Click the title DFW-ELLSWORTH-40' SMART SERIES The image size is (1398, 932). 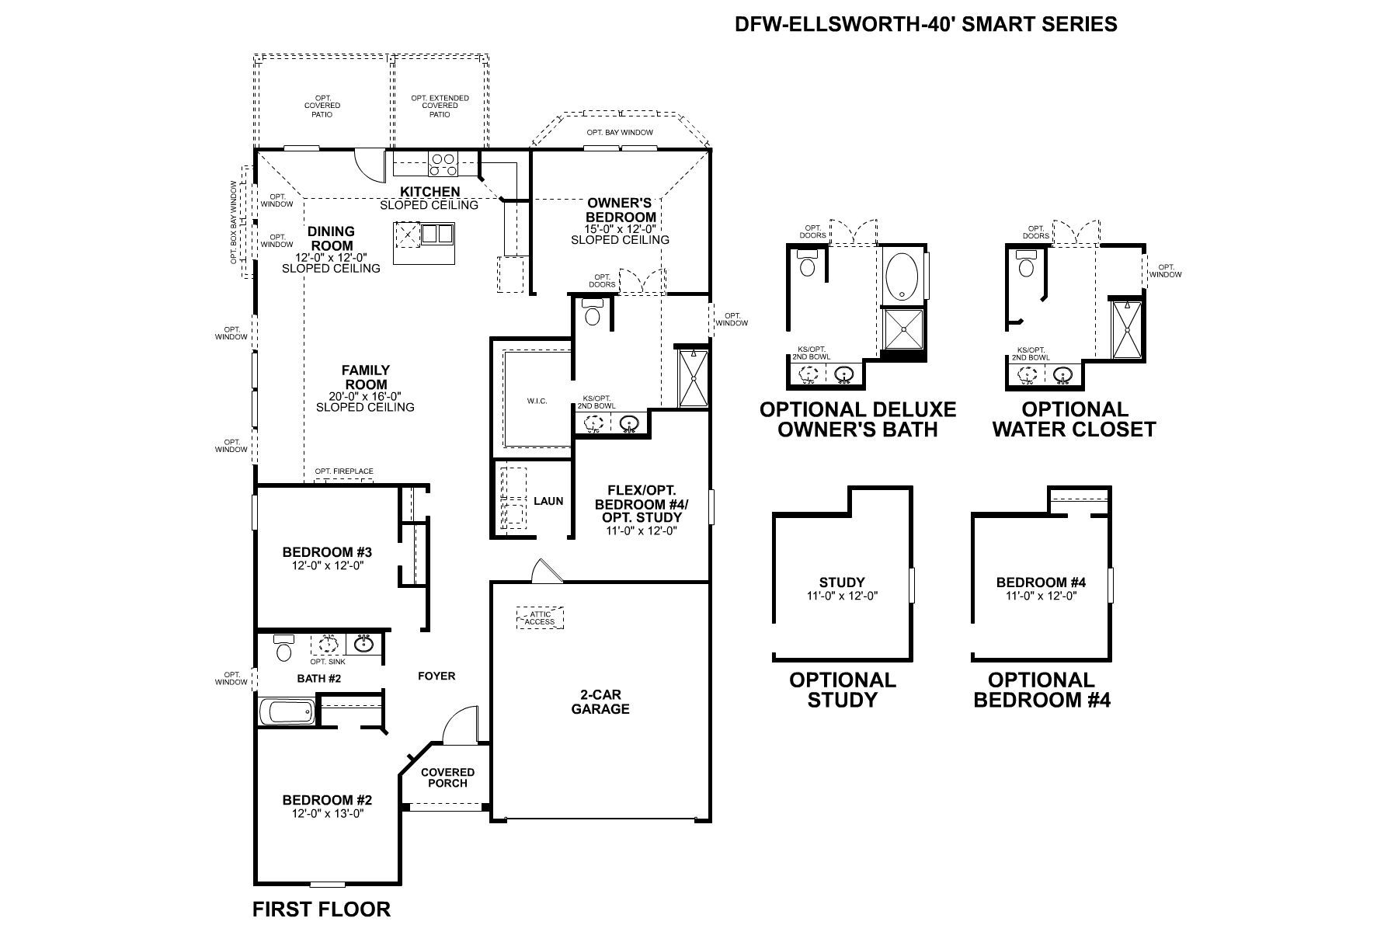pyautogui.click(x=926, y=24)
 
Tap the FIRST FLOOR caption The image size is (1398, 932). pyautogui.click(x=322, y=909)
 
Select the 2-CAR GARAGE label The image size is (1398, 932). pyautogui.click(x=600, y=702)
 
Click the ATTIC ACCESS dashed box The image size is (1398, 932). pyautogui.click(x=540, y=618)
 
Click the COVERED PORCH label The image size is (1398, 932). pyautogui.click(x=447, y=777)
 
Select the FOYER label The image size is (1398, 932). pyautogui.click(x=436, y=676)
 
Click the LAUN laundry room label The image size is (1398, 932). pyautogui.click(x=548, y=501)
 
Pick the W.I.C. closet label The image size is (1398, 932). pyautogui.click(x=537, y=401)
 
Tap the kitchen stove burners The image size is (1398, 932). pyautogui.click(x=443, y=165)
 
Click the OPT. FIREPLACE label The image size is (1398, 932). pyautogui.click(x=344, y=471)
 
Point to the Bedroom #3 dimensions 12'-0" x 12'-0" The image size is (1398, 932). pyautogui.click(x=328, y=565)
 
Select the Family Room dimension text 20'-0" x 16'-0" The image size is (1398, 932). pyautogui.click(x=365, y=396)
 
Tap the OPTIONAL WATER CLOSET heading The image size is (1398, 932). pyautogui.click(x=1075, y=419)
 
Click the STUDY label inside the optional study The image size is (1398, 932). pyautogui.click(x=842, y=582)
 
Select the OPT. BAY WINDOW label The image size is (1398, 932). pyautogui.click(x=620, y=133)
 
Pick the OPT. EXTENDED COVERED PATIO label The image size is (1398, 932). pyautogui.click(x=440, y=106)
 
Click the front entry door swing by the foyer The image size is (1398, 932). pyautogui.click(x=461, y=724)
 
